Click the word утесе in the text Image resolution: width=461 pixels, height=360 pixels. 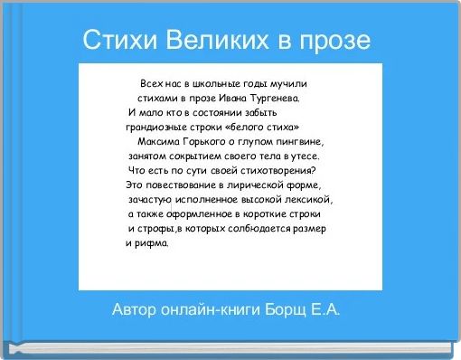tap(304, 156)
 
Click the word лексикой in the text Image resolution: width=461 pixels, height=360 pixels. tap(311, 199)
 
